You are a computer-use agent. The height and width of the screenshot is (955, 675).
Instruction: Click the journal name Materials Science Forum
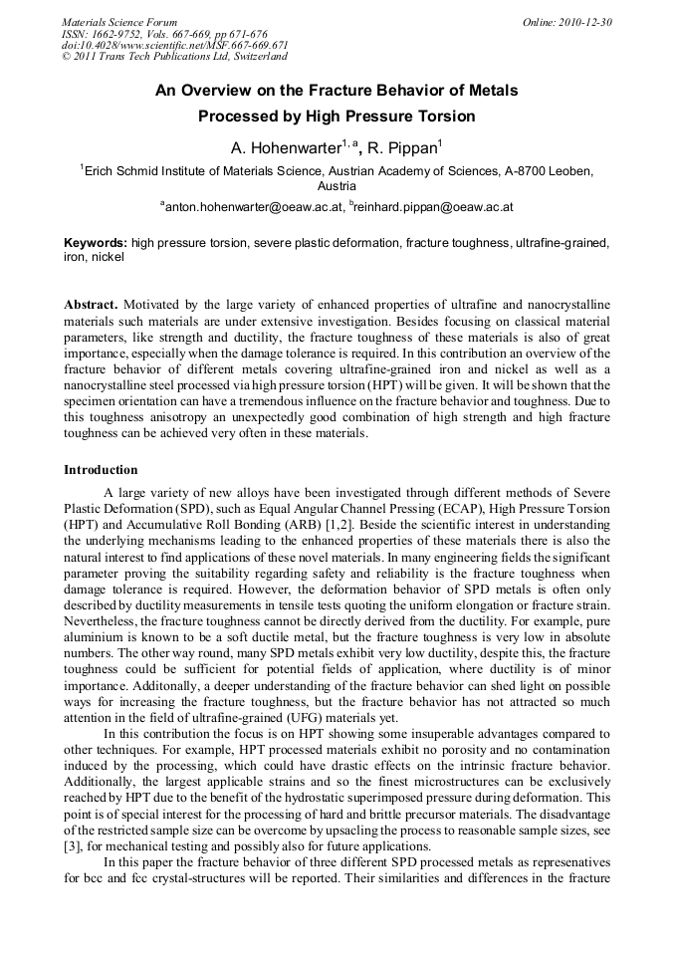tap(119, 22)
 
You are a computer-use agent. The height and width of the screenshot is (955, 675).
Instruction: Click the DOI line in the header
tap(174, 46)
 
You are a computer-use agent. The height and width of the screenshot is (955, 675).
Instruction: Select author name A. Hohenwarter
tap(287, 149)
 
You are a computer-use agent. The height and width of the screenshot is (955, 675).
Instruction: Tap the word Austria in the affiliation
tap(337, 186)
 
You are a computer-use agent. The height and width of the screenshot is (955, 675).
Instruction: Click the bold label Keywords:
tap(96, 242)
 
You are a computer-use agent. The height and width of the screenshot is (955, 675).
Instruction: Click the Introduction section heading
tap(102, 469)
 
